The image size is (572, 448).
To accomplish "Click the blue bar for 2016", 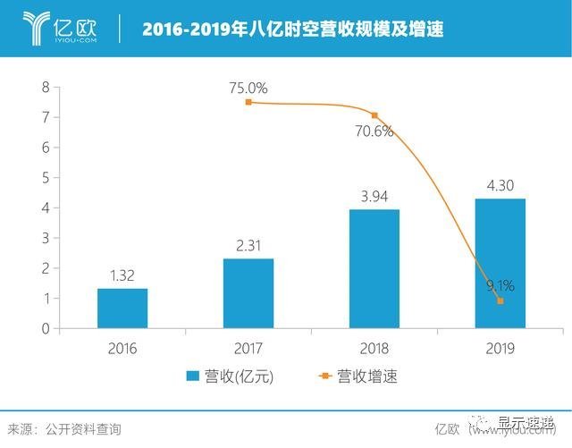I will pyautogui.click(x=122, y=308).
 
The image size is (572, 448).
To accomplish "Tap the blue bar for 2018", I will pyautogui.click(x=374, y=268).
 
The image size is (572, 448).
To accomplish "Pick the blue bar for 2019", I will pyautogui.click(x=500, y=263).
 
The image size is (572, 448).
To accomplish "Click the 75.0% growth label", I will pyautogui.click(x=248, y=88).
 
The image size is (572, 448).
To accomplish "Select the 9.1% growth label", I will pyautogui.click(x=500, y=287).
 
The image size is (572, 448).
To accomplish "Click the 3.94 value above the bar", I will pyautogui.click(x=374, y=196).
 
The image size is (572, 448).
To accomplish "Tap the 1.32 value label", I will pyautogui.click(x=122, y=275).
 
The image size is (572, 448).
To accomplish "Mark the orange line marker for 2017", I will pyautogui.click(x=248, y=103).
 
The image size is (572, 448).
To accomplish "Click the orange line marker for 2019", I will pyautogui.click(x=500, y=301).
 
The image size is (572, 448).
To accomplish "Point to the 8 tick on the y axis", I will pyautogui.click(x=45, y=87).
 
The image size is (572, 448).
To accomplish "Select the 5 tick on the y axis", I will pyautogui.click(x=45, y=177).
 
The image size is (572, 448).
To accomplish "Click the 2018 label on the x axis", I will pyautogui.click(x=374, y=347).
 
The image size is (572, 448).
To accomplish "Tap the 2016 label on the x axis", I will pyautogui.click(x=122, y=347).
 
